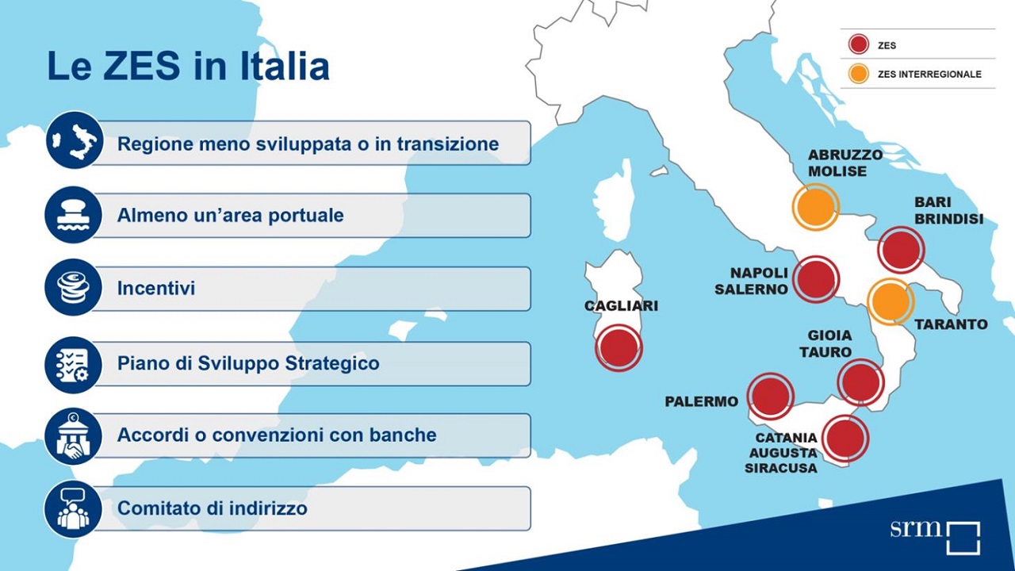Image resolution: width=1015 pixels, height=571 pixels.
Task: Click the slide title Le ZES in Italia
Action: click(x=188, y=66)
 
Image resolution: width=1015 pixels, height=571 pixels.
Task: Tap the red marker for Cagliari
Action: click(x=619, y=347)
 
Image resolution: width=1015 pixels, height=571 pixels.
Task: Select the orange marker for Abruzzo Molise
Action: click(x=816, y=207)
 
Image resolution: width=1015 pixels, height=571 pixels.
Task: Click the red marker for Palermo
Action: click(x=770, y=396)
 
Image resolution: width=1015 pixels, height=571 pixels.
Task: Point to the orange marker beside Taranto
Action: click(x=891, y=301)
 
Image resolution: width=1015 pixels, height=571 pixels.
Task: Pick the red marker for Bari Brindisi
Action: click(x=902, y=250)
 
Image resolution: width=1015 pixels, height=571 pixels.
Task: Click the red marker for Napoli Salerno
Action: click(x=816, y=279)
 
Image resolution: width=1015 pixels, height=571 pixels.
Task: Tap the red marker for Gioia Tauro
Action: click(x=860, y=382)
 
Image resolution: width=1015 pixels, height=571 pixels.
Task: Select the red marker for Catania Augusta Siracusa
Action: click(x=845, y=439)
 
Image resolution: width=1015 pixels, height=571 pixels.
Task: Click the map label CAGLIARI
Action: click(x=621, y=306)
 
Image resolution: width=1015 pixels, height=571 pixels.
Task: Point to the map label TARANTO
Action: click(x=951, y=324)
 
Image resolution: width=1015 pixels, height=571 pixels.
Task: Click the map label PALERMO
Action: click(x=702, y=401)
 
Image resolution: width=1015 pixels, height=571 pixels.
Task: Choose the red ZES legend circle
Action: click(x=858, y=44)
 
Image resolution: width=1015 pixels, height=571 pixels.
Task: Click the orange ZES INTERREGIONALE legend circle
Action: click(x=858, y=74)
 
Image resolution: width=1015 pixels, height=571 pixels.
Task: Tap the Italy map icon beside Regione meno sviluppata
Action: click(x=75, y=140)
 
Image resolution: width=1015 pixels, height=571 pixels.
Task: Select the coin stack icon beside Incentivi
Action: click(x=74, y=287)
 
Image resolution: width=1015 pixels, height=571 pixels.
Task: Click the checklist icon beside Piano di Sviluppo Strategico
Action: click(x=74, y=364)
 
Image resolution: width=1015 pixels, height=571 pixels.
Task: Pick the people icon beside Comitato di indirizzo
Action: click(x=74, y=509)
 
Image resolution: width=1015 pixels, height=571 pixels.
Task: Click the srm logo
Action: click(x=935, y=538)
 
